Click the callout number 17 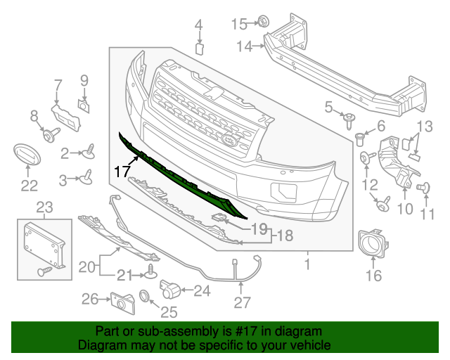tap(122, 169)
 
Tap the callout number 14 tap(244, 46)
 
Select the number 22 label tap(29, 186)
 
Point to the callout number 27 tap(242, 304)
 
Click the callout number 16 tap(373, 275)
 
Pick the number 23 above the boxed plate tap(44, 207)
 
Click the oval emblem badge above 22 tap(29, 155)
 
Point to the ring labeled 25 tap(145, 297)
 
